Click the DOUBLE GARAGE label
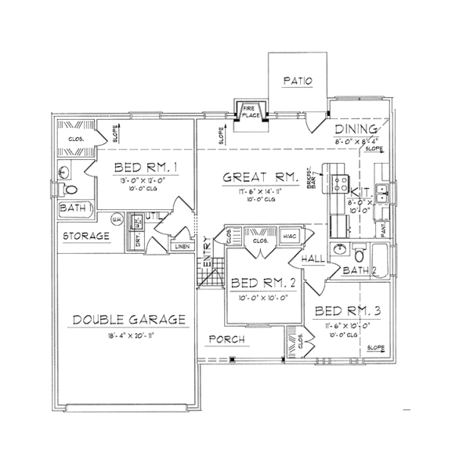click(x=128, y=319)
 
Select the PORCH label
click(x=228, y=339)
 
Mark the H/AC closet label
click(x=287, y=237)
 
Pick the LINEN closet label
click(x=182, y=247)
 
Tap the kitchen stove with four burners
click(x=342, y=184)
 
